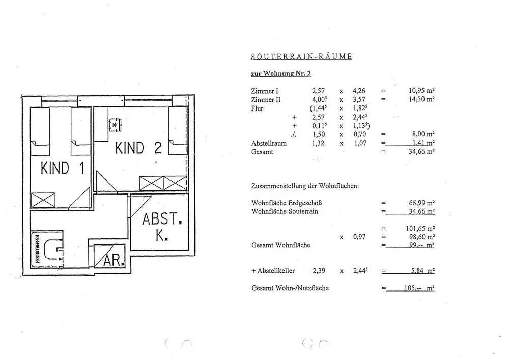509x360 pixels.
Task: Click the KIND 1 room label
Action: (x=62, y=169)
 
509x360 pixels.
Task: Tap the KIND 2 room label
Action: (x=138, y=148)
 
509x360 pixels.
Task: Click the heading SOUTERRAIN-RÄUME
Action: (x=301, y=56)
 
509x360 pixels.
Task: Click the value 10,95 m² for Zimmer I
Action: (x=421, y=91)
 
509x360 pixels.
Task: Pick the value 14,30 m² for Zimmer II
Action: (x=421, y=100)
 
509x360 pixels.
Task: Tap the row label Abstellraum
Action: (x=269, y=144)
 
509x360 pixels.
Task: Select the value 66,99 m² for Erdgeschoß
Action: (x=421, y=203)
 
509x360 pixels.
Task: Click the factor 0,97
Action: (x=360, y=237)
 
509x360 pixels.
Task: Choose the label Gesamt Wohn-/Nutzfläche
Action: (x=290, y=288)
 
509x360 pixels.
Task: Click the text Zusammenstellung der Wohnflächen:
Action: (x=305, y=186)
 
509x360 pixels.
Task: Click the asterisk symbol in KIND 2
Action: (x=115, y=124)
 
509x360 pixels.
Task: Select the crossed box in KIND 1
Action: (x=40, y=200)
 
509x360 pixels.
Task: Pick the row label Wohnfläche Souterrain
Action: (x=285, y=211)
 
